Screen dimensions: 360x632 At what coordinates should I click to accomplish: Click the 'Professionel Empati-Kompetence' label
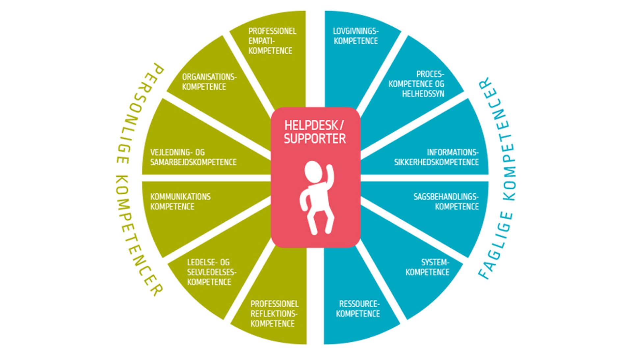(272, 41)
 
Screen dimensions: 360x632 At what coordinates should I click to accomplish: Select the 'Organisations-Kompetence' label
(209, 82)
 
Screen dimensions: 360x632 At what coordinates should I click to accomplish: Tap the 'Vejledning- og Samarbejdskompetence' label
(193, 157)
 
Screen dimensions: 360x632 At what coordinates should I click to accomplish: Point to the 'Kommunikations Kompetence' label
(180, 202)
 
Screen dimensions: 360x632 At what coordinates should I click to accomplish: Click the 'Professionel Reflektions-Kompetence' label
(274, 314)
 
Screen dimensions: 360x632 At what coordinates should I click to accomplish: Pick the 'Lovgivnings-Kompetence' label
(356, 36)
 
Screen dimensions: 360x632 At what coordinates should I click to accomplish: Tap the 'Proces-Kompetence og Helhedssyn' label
(417, 84)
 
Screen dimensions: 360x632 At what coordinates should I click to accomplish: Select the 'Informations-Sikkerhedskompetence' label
(436, 157)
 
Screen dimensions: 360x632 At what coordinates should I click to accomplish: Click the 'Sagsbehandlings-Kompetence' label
(446, 202)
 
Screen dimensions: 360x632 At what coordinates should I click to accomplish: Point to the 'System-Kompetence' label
(428, 267)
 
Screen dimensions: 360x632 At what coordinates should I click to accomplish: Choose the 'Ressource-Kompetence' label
(358, 309)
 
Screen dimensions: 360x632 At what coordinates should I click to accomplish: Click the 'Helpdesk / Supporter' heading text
(315, 132)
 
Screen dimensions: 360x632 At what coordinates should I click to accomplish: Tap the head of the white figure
(312, 171)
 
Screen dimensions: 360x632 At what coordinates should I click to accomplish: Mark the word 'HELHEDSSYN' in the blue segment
(423, 94)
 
